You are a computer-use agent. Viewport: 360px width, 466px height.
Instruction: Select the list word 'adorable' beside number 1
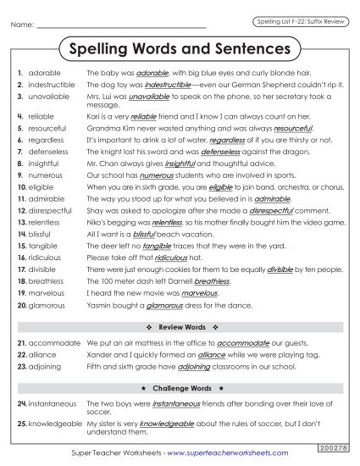coord(44,74)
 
